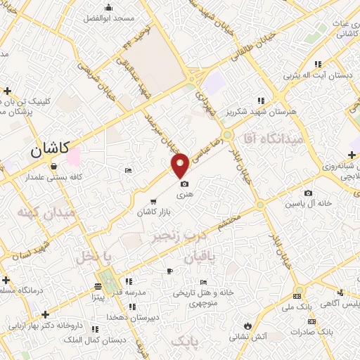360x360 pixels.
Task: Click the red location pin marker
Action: [x=181, y=165]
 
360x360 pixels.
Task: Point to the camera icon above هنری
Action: [x=184, y=183]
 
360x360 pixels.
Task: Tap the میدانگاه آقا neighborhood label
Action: [x=274, y=139]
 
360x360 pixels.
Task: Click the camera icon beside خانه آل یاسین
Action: [x=308, y=193]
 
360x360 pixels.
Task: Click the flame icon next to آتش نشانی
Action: [x=247, y=325]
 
